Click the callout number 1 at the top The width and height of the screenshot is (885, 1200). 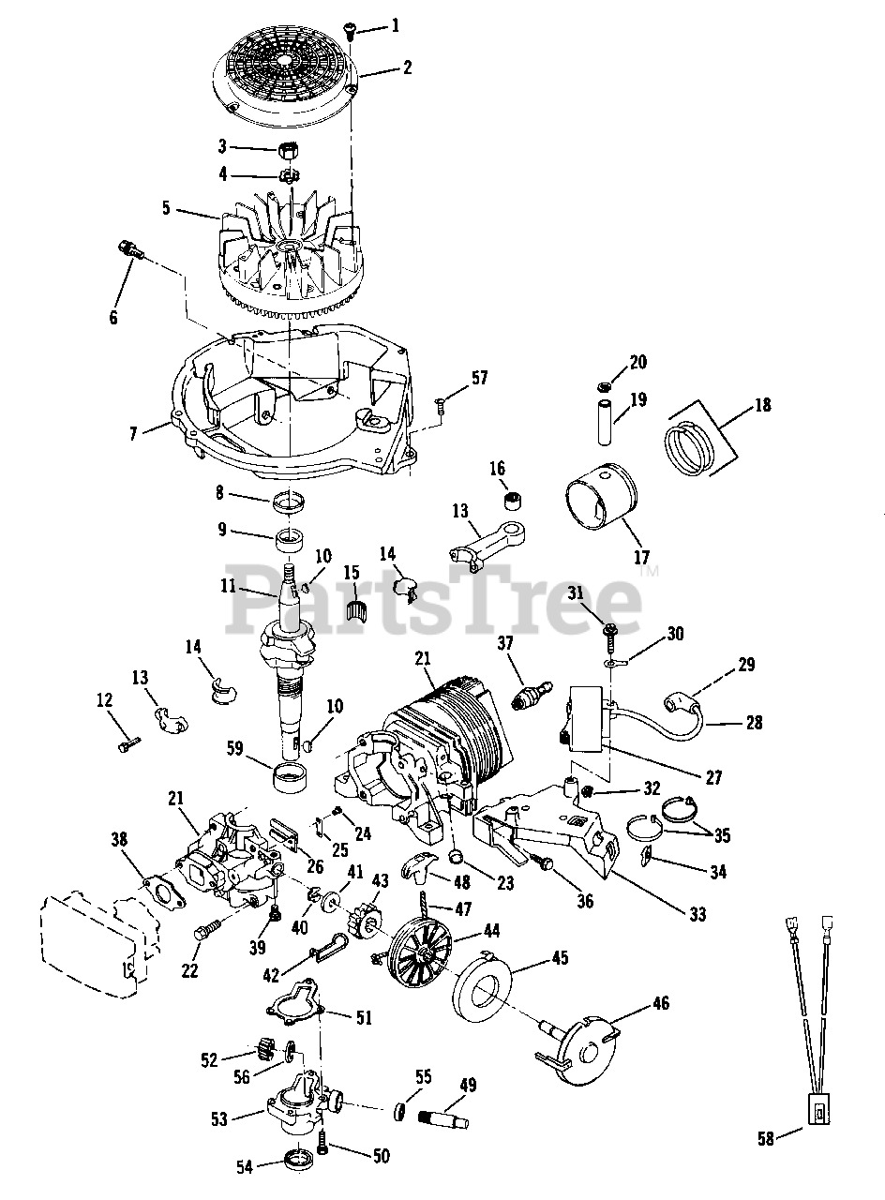[x=395, y=25]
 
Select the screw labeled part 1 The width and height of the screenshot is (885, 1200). [x=349, y=30]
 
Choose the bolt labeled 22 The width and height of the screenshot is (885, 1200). [x=207, y=931]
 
